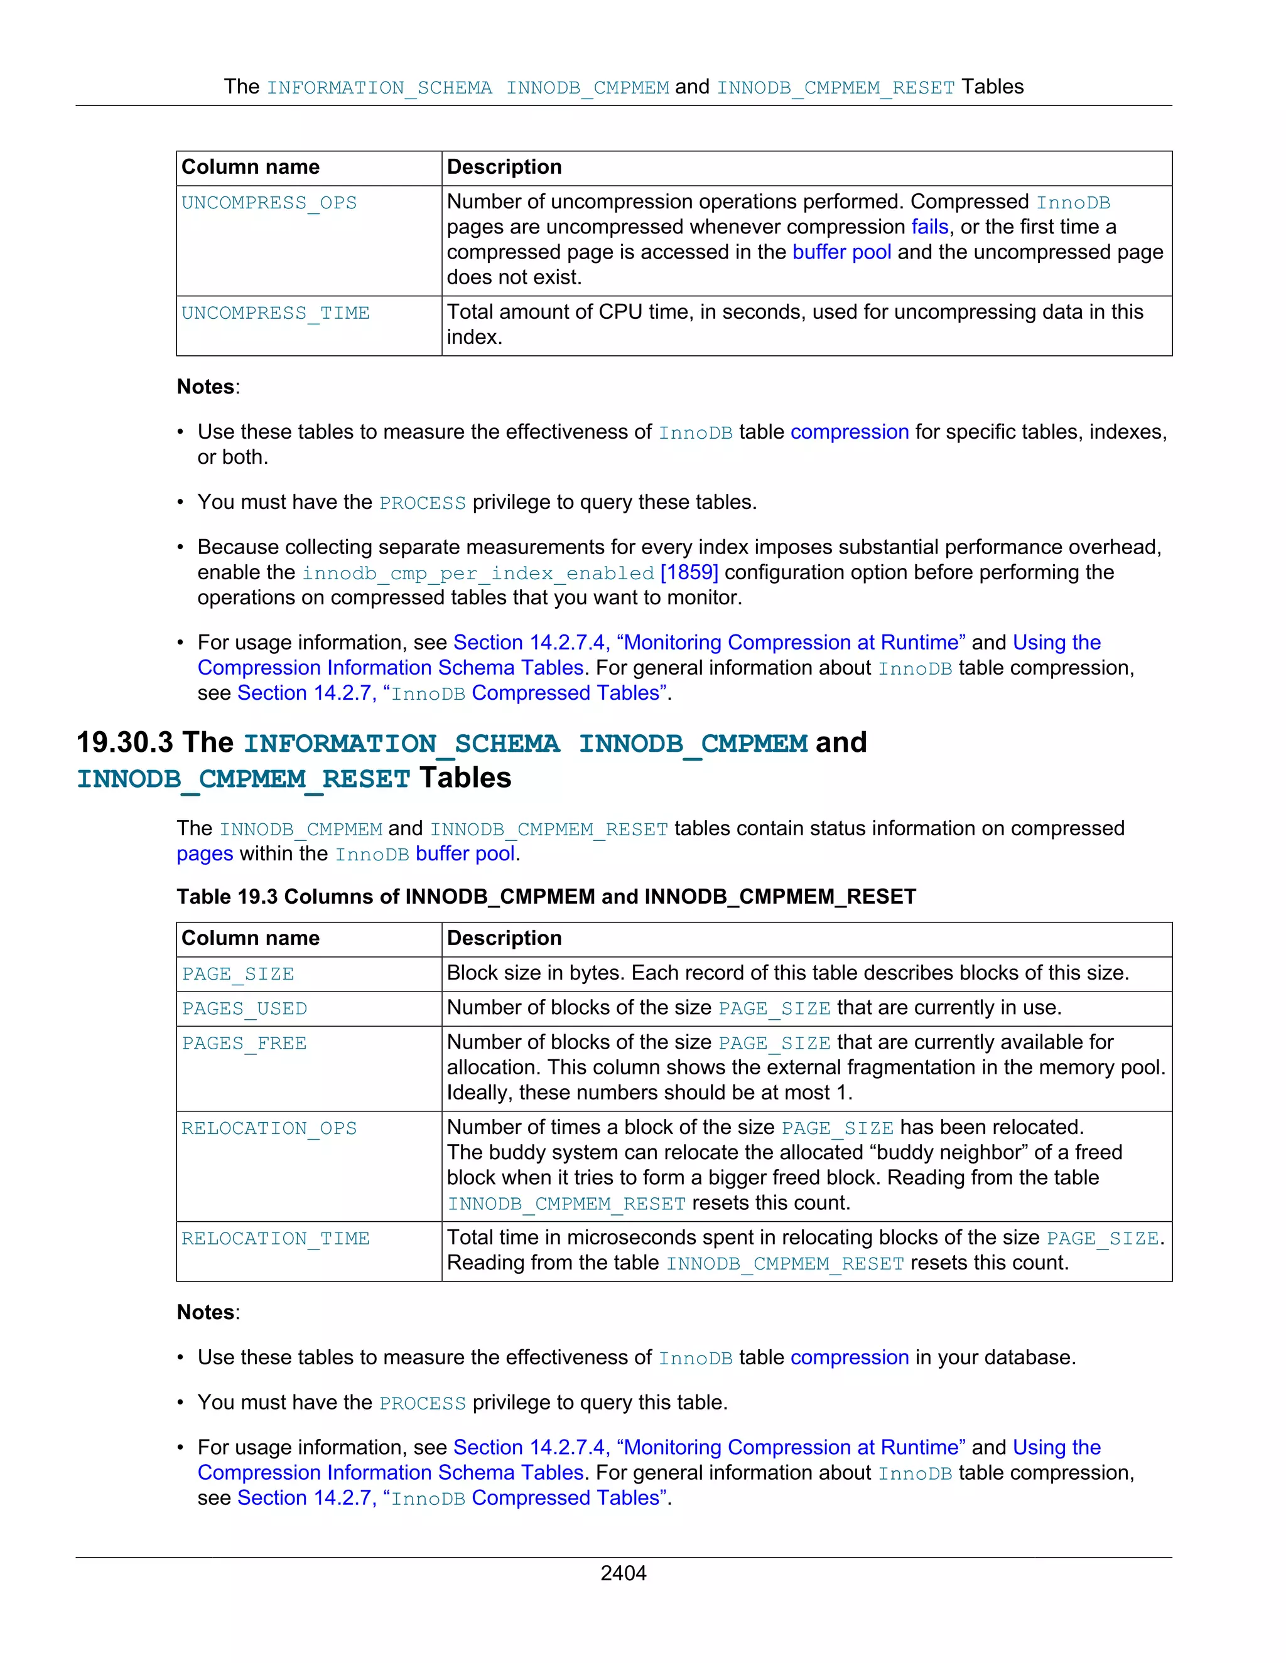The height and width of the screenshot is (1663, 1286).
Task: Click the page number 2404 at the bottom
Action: click(623, 1573)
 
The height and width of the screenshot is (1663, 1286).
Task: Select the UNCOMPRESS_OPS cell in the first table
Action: click(269, 203)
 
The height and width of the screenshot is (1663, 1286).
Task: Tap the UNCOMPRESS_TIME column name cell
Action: click(275, 313)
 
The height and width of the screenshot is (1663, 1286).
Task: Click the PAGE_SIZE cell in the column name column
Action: click(238, 974)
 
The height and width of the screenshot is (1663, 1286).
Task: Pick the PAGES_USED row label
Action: click(244, 1009)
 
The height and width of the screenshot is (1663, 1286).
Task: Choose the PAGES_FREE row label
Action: click(244, 1043)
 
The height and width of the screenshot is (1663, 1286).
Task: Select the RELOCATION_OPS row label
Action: click(269, 1128)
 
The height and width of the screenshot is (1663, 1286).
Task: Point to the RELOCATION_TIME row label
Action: click(275, 1239)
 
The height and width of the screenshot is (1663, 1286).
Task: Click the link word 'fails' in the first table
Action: click(929, 227)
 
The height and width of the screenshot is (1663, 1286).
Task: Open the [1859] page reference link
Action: click(689, 572)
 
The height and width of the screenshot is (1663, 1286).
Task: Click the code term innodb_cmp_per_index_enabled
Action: click(478, 574)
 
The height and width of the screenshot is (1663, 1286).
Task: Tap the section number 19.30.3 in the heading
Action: click(125, 742)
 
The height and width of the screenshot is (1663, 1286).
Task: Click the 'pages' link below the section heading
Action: click(204, 853)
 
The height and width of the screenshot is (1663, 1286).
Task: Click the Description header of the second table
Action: click(504, 938)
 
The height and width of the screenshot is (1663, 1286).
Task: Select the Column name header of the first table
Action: click(250, 167)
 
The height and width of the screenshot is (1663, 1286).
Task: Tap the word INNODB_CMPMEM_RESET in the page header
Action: click(835, 88)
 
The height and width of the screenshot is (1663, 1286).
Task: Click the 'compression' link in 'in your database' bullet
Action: click(849, 1357)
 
